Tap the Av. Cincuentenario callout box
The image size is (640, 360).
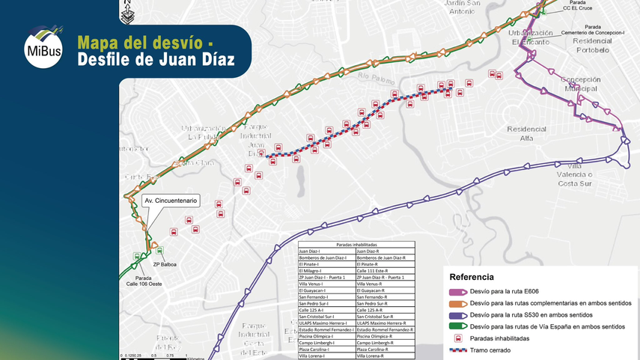(170, 201)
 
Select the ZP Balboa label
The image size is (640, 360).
(164, 264)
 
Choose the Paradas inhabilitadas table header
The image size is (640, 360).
(356, 245)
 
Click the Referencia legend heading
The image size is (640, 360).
(472, 276)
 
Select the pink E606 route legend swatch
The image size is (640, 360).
(457, 291)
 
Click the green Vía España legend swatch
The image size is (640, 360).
(457, 326)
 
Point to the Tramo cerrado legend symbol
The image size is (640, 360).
(457, 350)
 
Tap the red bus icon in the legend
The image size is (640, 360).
(457, 338)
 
